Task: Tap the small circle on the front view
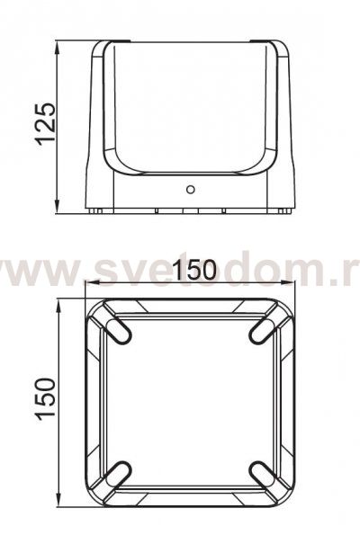[x=189, y=190]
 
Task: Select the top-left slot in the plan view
[x=119, y=330]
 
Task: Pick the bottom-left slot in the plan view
[x=119, y=471]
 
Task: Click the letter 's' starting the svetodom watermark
[x=102, y=270]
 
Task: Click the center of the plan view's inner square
[x=189, y=401]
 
